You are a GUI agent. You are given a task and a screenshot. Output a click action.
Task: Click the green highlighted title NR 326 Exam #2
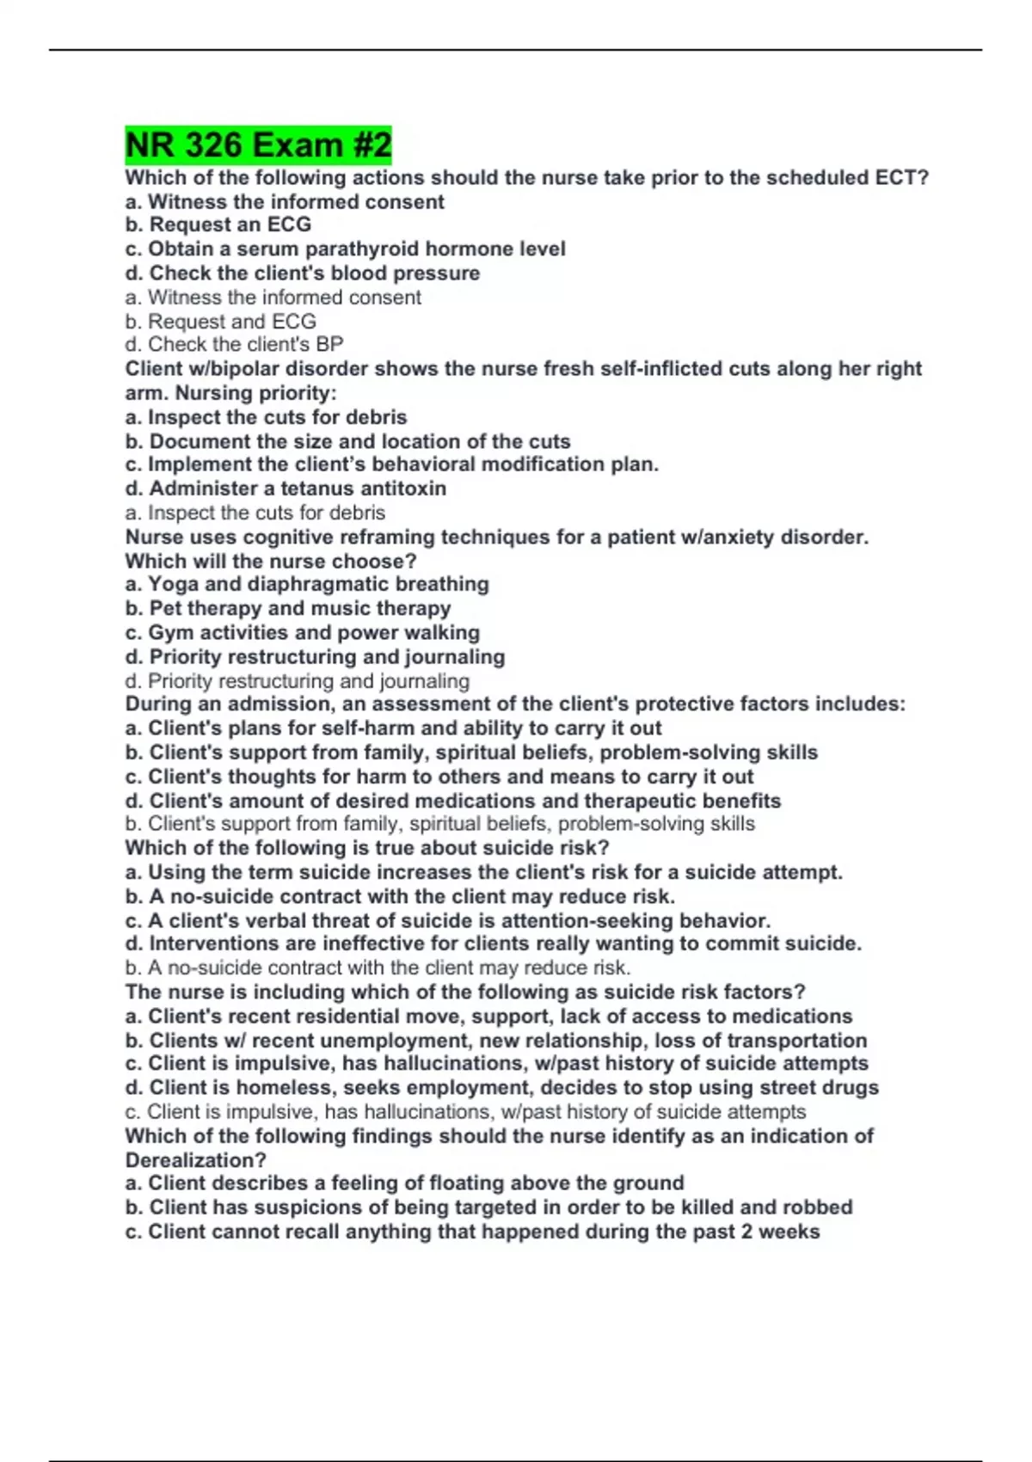pos(258,144)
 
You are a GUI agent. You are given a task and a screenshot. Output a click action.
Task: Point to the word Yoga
pos(174,585)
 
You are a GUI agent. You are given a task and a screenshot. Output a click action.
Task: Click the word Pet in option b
pos(165,609)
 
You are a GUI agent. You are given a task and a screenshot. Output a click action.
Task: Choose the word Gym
pos(169,633)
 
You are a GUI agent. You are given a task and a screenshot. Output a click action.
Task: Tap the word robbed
pos(816,1207)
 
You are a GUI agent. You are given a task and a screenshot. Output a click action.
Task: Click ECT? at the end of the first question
pos(902,178)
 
